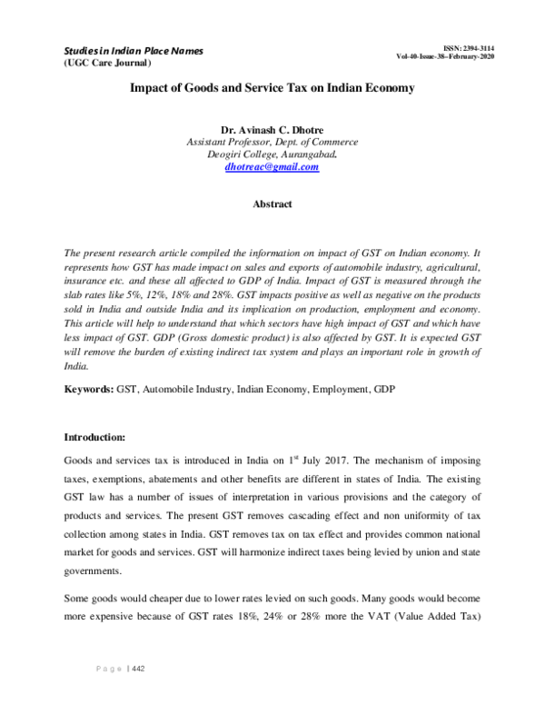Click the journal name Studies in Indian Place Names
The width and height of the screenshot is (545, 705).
tap(133, 50)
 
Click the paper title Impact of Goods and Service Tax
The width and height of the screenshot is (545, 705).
tap(272, 89)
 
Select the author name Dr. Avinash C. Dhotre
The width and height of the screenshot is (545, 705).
tap(272, 129)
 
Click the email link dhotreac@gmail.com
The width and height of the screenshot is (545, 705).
tap(272, 167)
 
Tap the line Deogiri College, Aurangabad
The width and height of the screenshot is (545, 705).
tap(272, 154)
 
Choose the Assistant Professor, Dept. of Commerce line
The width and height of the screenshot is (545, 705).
tap(272, 142)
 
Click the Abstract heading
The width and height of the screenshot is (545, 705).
tap(272, 204)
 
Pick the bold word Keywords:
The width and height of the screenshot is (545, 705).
tap(87, 389)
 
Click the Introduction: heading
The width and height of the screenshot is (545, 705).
tap(100, 436)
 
